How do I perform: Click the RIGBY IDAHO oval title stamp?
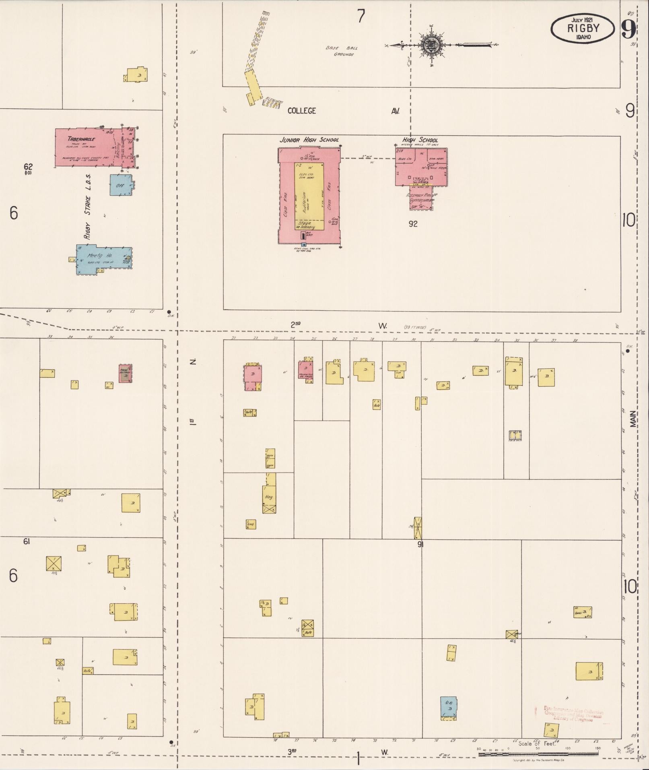(x=583, y=29)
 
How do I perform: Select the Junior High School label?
(x=309, y=140)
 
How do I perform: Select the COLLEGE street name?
(x=301, y=111)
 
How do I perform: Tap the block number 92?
(x=413, y=224)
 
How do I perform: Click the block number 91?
(x=420, y=545)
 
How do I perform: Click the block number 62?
(x=28, y=167)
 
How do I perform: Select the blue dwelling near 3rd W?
(x=448, y=707)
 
